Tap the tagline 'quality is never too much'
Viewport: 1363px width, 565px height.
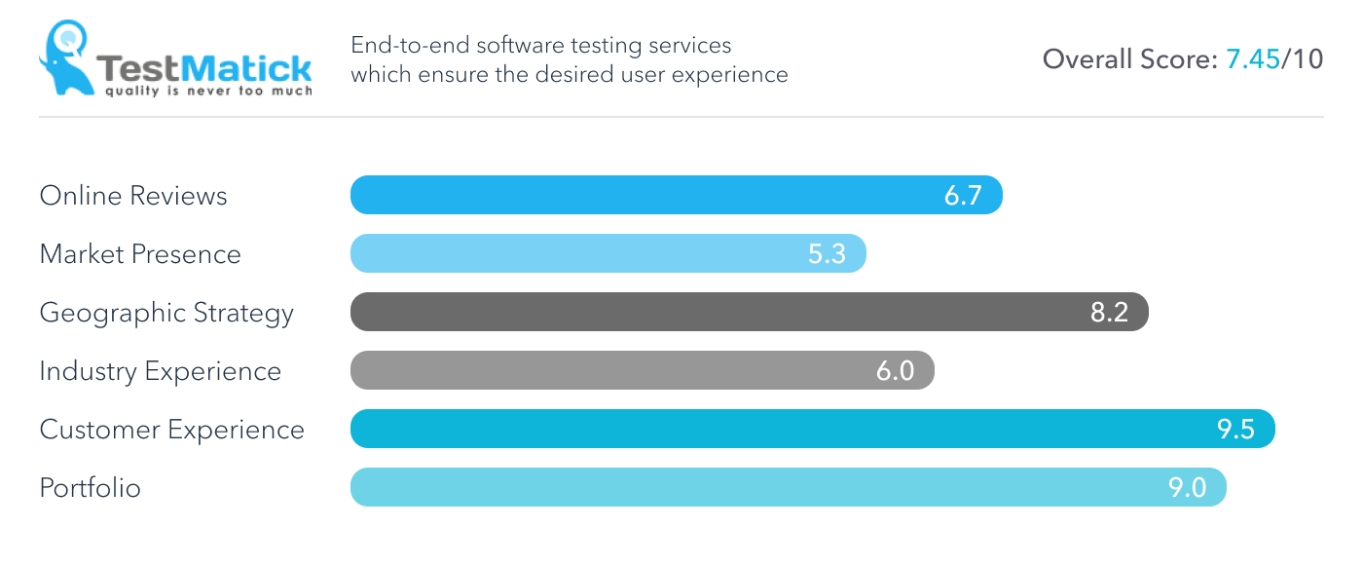[208, 92]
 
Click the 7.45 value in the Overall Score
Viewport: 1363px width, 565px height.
[1252, 59]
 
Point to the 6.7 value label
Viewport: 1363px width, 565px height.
[963, 196]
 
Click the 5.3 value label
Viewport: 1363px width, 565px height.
[827, 254]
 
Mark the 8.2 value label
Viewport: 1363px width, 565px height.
[1109, 313]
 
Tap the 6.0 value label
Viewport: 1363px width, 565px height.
[895, 371]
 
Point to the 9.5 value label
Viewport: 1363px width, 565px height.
[1235, 430]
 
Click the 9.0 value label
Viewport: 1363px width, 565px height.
[1187, 488]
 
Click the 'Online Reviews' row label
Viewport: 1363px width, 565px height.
[133, 196]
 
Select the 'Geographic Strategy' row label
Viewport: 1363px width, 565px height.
[166, 313]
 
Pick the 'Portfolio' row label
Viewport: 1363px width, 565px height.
[91, 488]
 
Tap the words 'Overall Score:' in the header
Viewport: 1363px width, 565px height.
[1130, 59]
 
